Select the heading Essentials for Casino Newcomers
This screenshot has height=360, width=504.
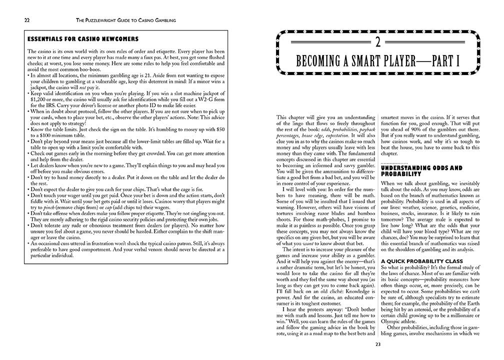tap(83, 39)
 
